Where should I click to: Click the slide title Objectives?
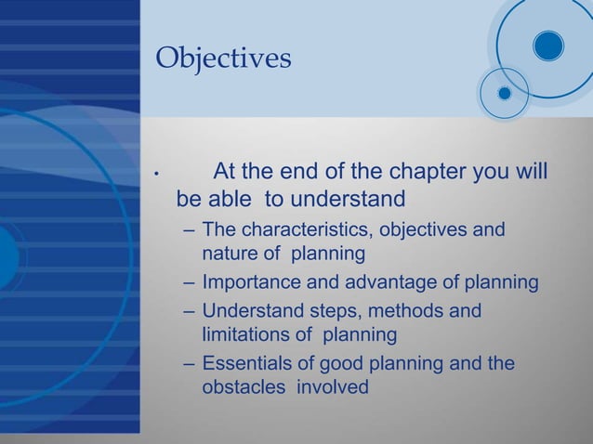pos(223,59)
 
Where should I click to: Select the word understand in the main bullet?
pos(349,200)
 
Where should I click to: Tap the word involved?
pos(333,387)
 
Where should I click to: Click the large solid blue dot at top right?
pos(548,46)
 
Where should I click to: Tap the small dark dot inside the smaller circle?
pos(505,93)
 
